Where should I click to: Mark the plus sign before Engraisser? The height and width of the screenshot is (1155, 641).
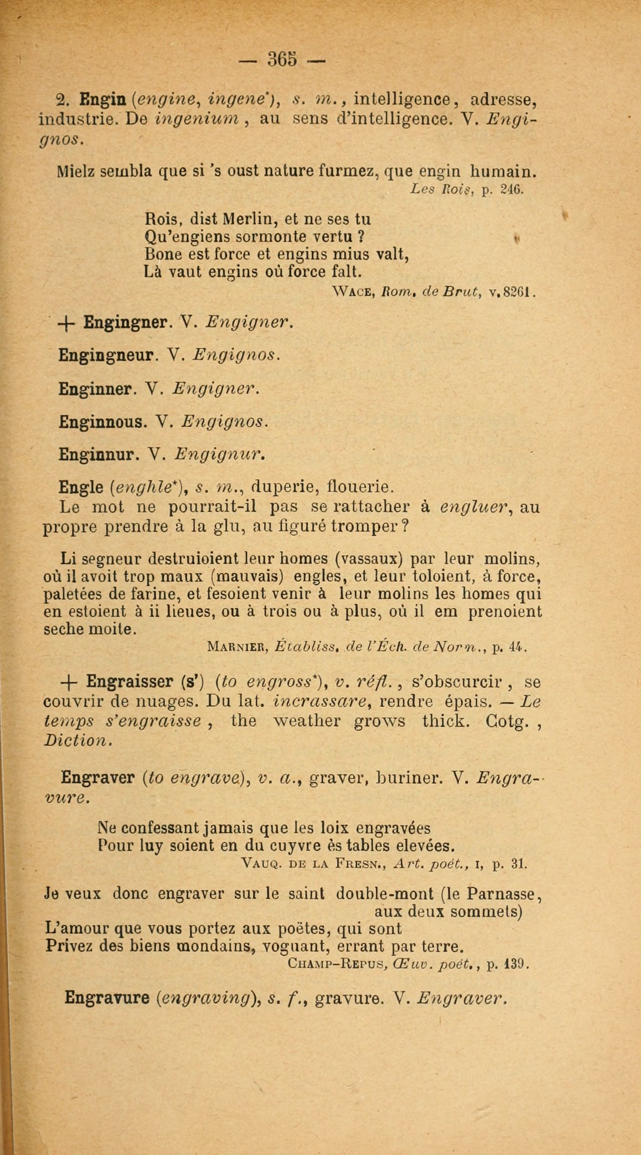tap(70, 682)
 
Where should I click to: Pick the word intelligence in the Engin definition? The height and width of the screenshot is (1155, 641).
tap(401, 97)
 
